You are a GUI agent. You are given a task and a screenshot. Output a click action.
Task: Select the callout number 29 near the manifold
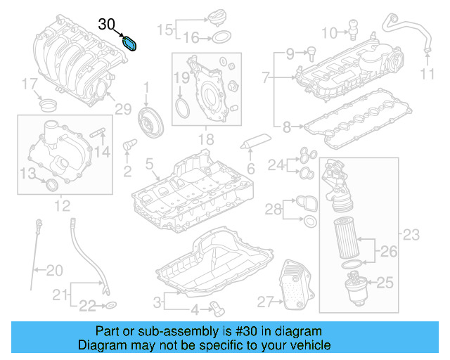click(x=123, y=109)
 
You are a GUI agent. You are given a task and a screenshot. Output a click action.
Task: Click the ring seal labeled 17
click(x=49, y=106)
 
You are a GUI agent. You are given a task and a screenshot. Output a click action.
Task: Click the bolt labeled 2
click(x=129, y=146)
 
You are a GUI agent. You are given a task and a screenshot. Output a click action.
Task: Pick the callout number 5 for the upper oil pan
click(x=148, y=164)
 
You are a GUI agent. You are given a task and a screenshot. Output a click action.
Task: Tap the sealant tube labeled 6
click(x=254, y=143)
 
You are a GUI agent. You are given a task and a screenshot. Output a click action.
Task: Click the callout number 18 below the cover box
click(x=205, y=141)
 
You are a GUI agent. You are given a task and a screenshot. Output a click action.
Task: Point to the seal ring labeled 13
click(x=51, y=185)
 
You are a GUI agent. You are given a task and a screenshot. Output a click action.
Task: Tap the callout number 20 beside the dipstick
click(x=54, y=269)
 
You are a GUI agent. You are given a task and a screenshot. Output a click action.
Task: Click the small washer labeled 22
click(x=111, y=306)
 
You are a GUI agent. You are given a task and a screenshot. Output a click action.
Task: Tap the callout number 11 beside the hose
click(x=429, y=75)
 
